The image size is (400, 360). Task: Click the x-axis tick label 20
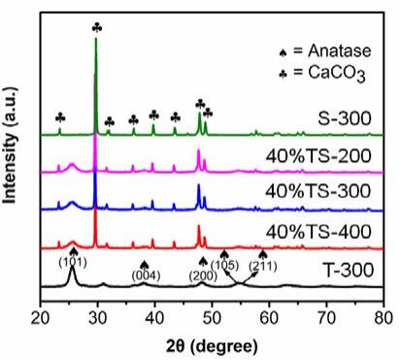pos(41,318)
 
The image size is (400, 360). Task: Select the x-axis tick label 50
pos(212,318)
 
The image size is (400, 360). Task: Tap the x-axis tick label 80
pos(383,318)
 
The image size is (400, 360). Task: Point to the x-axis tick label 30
pos(98,318)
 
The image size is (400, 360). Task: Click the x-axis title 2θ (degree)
pos(213,345)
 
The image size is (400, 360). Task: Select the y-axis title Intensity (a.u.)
pos(10,146)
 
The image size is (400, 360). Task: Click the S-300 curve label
pos(344,118)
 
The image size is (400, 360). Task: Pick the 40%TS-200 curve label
pos(318,156)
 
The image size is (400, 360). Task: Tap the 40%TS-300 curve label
pos(318,190)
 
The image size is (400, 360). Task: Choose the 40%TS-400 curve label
pos(318,232)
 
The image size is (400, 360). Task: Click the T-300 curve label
pos(349,270)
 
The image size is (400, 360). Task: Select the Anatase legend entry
pos(324,50)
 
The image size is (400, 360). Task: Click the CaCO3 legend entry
pos(322,73)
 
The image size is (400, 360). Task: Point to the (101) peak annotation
pos(73,263)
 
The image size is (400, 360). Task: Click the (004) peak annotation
pos(146,276)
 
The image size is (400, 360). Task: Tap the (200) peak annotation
pos(203,276)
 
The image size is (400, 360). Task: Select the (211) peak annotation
pos(263,267)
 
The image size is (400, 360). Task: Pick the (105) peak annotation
pos(225,265)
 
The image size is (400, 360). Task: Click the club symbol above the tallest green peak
pos(97,27)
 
